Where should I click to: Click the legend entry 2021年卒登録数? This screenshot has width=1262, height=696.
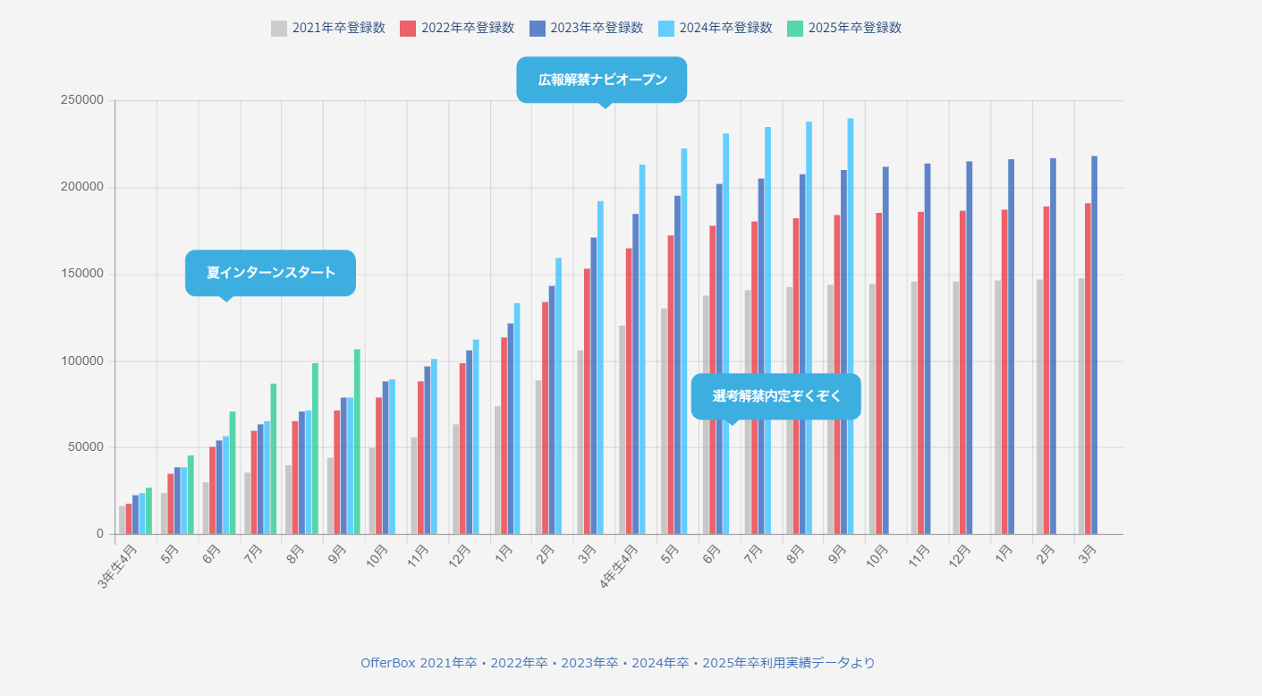point(328,28)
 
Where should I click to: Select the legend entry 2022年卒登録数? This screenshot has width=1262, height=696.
point(457,28)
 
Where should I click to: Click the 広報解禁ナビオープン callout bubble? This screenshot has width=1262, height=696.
point(602,80)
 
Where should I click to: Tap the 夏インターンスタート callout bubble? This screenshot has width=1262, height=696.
point(270,273)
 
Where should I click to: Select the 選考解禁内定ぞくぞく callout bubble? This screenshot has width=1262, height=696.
point(775,396)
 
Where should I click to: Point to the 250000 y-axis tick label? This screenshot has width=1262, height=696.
point(82,100)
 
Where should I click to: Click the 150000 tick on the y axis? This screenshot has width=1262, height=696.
point(82,274)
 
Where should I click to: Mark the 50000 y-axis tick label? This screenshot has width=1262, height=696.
point(86,447)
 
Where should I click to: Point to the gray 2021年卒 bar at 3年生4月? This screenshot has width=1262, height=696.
point(122,520)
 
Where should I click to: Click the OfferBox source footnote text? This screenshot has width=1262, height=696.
point(617,663)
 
